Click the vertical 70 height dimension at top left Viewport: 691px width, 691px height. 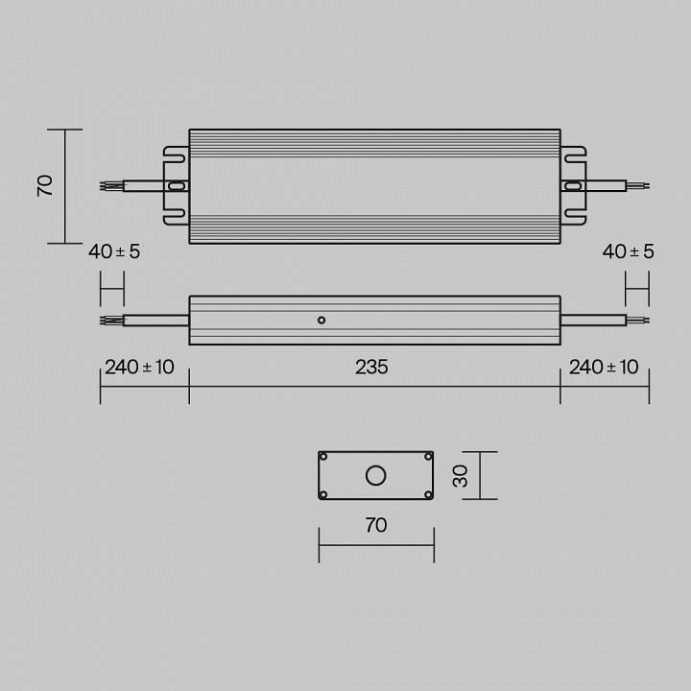[x=45, y=185]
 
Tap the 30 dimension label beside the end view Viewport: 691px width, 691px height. [x=462, y=475]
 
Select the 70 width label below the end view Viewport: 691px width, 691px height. [x=375, y=525]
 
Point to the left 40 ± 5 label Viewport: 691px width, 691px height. [x=114, y=251]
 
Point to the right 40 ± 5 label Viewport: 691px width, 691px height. [x=628, y=251]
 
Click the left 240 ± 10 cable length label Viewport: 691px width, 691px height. [x=139, y=368]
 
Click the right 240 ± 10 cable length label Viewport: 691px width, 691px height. [x=604, y=368]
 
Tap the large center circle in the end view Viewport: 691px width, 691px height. [x=375, y=475]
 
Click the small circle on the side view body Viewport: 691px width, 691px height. [x=322, y=320]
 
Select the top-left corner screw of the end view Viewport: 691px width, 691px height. [x=324, y=457]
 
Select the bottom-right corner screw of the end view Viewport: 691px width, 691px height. [x=427, y=494]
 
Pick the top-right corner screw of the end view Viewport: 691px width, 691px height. [x=427, y=457]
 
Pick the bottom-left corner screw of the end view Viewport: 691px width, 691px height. [x=324, y=494]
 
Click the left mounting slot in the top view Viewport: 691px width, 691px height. [x=176, y=186]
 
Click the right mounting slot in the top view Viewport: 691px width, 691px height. [x=573, y=186]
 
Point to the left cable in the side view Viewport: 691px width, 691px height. [x=154, y=320]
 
